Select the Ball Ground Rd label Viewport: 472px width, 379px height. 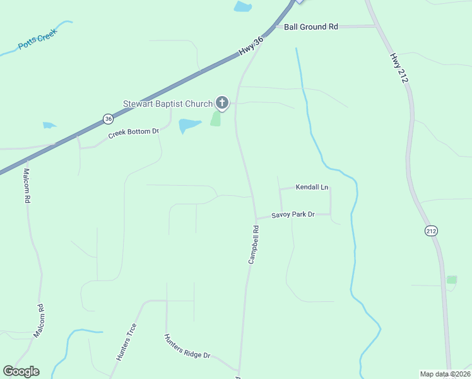(310, 27)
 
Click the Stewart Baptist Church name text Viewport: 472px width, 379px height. (167, 104)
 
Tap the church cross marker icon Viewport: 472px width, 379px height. (221, 102)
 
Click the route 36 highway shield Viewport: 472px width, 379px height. (109, 118)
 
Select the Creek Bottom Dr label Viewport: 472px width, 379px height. (133, 133)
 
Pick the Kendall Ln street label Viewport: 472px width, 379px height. (312, 188)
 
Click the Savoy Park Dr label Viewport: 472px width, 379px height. (293, 215)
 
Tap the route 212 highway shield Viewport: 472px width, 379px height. (431, 231)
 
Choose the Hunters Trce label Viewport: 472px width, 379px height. (126, 342)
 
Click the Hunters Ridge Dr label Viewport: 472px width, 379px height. (187, 347)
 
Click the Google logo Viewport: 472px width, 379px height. (21, 371)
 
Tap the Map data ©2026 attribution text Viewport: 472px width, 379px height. (445, 374)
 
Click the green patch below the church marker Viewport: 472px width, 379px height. (216, 119)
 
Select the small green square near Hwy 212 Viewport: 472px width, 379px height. (452, 279)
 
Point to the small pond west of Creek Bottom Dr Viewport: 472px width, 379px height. (49, 125)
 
